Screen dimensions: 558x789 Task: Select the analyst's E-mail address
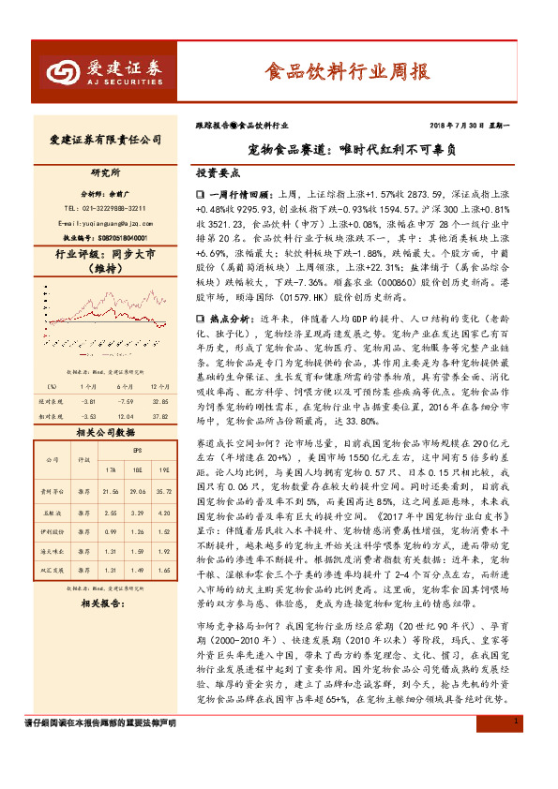click(x=104, y=223)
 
